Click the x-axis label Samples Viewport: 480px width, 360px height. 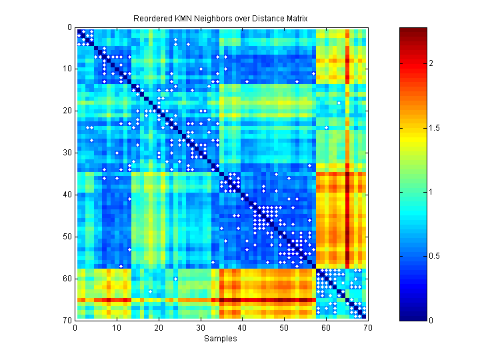pyautogui.click(x=220, y=339)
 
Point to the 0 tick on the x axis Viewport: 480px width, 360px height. pyautogui.click(x=75, y=327)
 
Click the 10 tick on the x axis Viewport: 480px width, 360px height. pyautogui.click(x=117, y=327)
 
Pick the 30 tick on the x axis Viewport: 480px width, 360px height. pyautogui.click(x=200, y=327)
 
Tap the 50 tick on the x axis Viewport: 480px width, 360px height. pyautogui.click(x=284, y=327)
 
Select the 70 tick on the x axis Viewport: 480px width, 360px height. pyautogui.click(x=367, y=327)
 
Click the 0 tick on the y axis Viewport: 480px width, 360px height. pyautogui.click(x=69, y=27)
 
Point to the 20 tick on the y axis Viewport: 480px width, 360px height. pyautogui.click(x=67, y=111)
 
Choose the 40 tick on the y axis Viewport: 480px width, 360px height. pyautogui.click(x=67, y=195)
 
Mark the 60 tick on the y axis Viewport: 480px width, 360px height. pyautogui.click(x=67, y=278)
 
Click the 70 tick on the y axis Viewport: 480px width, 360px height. pyautogui.click(x=67, y=320)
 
